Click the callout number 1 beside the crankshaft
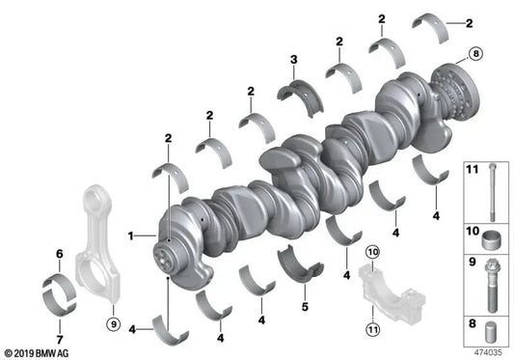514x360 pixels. [x=131, y=235]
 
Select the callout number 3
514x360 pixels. [x=294, y=60]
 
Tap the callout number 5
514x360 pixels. [x=305, y=307]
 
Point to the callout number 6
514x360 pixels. [x=60, y=254]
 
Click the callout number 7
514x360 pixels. [x=60, y=340]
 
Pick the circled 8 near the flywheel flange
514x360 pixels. [x=475, y=53]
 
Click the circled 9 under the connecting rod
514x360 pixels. [x=114, y=324]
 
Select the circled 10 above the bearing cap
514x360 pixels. [x=372, y=252]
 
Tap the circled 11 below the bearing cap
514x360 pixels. [x=372, y=329]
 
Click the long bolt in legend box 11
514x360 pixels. [x=493, y=192]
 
